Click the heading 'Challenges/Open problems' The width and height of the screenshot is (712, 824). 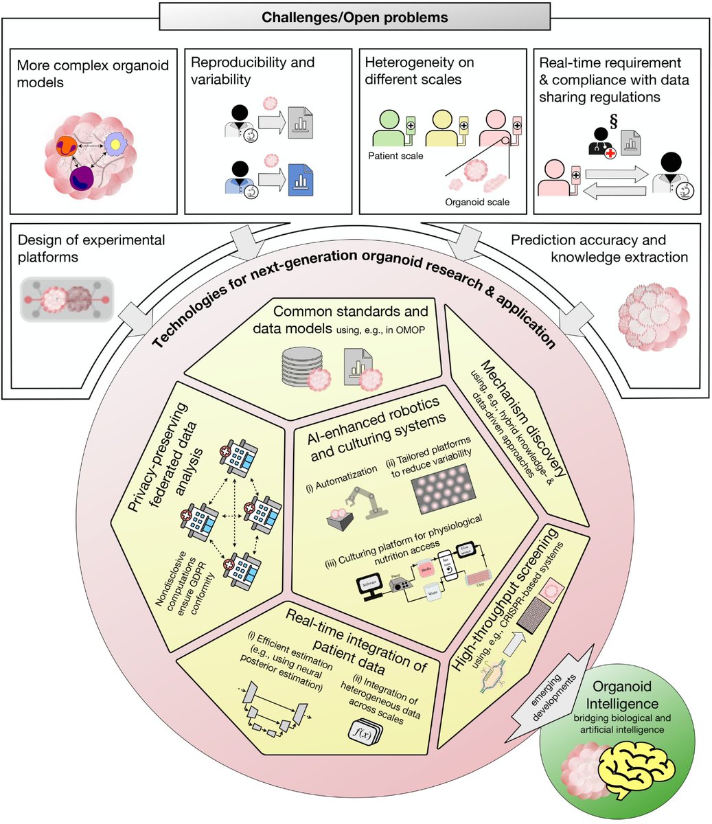[356, 17]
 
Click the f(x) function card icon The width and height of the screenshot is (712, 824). [365, 734]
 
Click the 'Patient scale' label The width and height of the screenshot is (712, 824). [396, 157]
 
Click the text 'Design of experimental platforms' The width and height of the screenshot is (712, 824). [91, 249]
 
